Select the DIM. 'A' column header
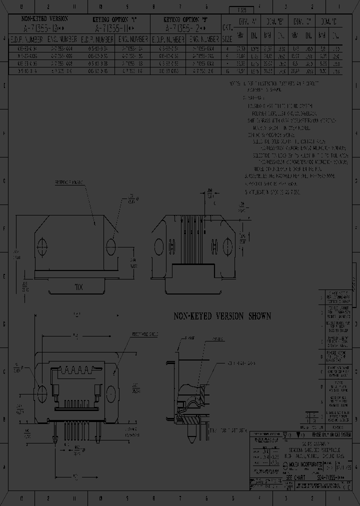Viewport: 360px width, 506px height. point(247,22)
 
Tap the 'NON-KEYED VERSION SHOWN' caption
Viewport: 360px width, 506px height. point(222,316)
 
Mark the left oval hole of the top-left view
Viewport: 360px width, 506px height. point(42,245)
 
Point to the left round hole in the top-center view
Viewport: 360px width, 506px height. point(159,246)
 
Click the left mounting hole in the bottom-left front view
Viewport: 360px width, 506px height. point(41,390)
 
